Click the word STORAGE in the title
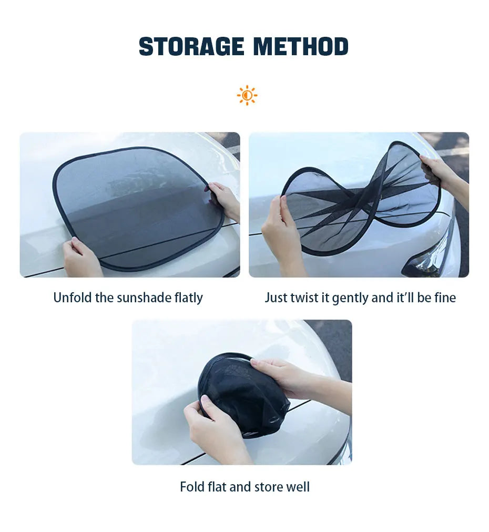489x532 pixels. pos(191,47)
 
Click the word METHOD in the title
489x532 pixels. pos(300,47)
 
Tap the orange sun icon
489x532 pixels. pos(247,95)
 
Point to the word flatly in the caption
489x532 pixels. pos(188,298)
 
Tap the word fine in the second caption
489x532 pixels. pos(445,298)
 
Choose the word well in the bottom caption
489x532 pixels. pos(298,487)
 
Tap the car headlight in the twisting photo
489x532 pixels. pos(426,260)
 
